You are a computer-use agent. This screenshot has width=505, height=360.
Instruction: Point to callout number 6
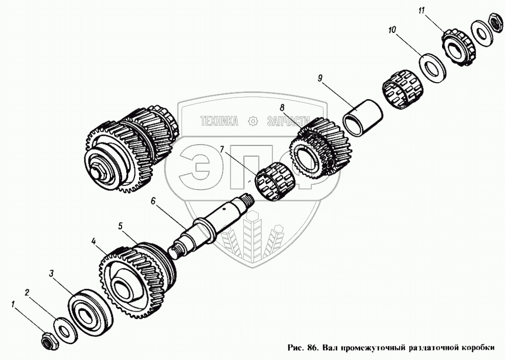[x=153, y=201]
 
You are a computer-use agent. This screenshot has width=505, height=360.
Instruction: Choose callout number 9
[x=320, y=78]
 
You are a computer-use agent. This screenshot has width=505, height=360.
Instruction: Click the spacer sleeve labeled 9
[x=362, y=117]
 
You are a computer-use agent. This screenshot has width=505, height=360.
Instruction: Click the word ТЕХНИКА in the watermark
[x=219, y=121]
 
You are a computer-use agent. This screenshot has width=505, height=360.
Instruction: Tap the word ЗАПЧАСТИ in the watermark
[x=288, y=121]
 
